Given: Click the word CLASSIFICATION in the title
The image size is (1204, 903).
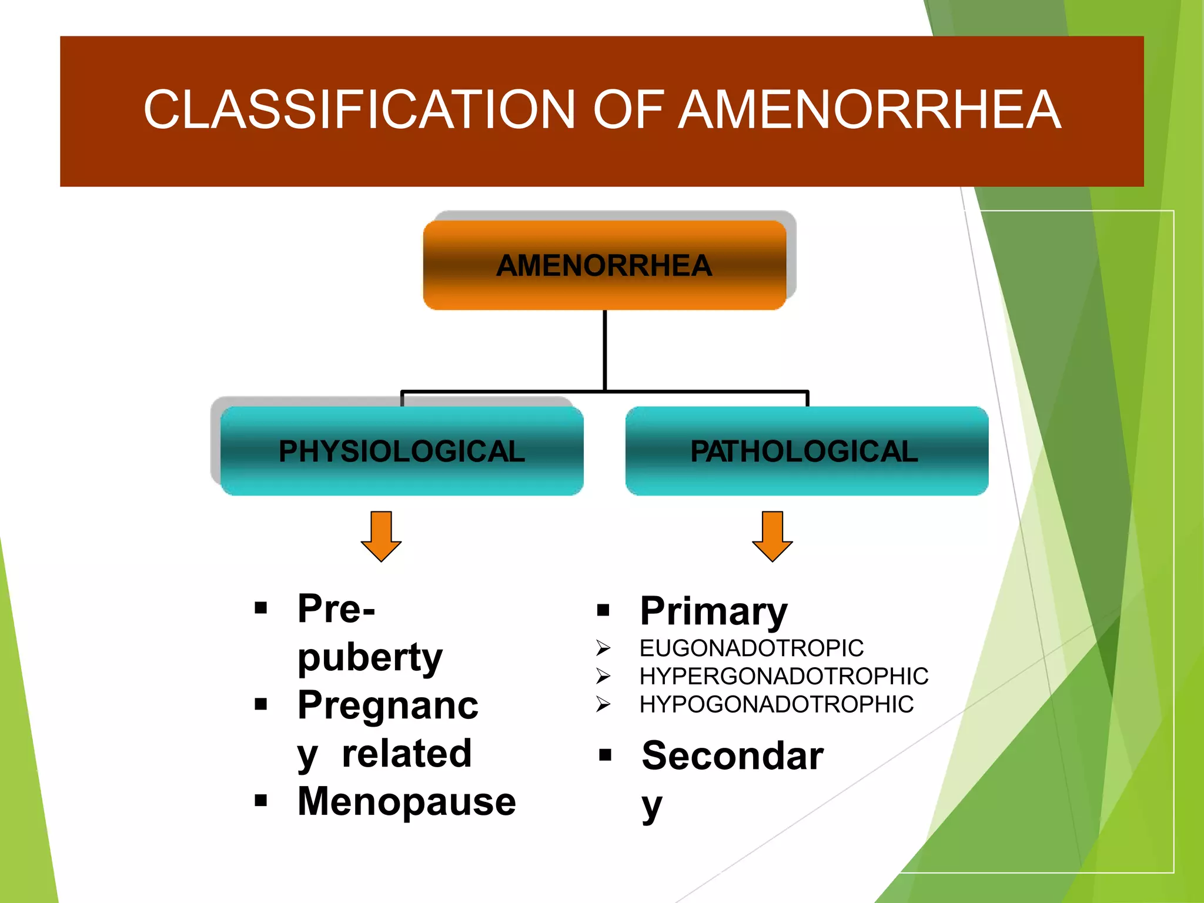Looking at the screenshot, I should pyautogui.click(x=359, y=110).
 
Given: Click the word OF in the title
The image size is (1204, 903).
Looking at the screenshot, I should pyautogui.click(x=628, y=110).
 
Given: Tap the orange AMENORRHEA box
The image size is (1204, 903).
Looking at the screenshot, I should pyautogui.click(x=604, y=265).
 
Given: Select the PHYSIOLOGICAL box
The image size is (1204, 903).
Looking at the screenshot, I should pyautogui.click(x=402, y=451).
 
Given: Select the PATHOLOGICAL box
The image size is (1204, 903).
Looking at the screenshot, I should pyautogui.click(x=807, y=451).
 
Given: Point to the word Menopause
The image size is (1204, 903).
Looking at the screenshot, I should pyautogui.click(x=406, y=801).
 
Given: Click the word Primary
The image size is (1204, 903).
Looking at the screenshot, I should pyautogui.click(x=713, y=611).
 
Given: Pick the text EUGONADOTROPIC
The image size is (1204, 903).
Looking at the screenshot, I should pyautogui.click(x=751, y=648).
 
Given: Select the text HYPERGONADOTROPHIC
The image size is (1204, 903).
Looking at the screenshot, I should pyautogui.click(x=784, y=677).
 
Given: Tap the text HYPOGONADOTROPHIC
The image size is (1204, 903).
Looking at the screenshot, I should pyautogui.click(x=776, y=704).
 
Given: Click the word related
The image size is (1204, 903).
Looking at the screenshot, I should pyautogui.click(x=407, y=754).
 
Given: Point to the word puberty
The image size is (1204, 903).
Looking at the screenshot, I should pyautogui.click(x=370, y=657).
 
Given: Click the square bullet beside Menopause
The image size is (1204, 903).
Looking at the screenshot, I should pyautogui.click(x=261, y=800).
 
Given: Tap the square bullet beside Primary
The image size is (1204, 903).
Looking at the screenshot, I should pyautogui.click(x=603, y=610).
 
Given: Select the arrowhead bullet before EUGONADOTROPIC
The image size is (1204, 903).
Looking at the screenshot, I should pyautogui.click(x=603, y=648).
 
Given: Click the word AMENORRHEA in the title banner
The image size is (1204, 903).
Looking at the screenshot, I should pyautogui.click(x=869, y=110).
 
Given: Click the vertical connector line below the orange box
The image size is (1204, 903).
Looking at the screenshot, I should pyautogui.click(x=604, y=350).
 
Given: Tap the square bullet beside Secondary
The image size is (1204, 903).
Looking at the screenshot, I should pyautogui.click(x=605, y=755).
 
